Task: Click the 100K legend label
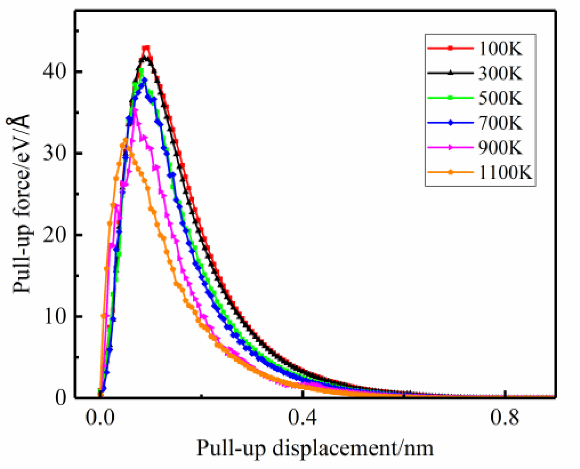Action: tap(500, 49)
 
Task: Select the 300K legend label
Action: tap(500, 73)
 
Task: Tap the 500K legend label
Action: tap(500, 98)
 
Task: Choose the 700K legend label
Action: tap(500, 123)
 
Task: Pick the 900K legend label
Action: tap(500, 148)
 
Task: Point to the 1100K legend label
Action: tap(505, 173)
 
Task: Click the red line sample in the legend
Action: tap(450, 49)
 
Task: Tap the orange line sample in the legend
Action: tap(450, 173)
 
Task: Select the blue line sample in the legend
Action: tap(450, 123)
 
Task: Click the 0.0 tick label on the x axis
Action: tap(100, 418)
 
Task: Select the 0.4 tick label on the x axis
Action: tap(303, 418)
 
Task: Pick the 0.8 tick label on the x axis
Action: tap(505, 418)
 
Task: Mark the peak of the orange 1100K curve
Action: tap(125, 140)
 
